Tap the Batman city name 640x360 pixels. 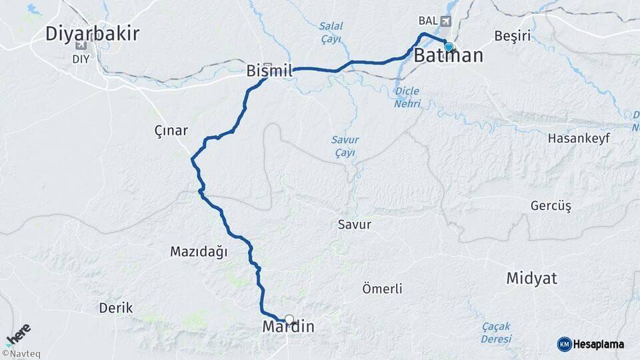pos(448,56)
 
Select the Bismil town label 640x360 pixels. pos(270,70)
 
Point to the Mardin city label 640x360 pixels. pos(288,327)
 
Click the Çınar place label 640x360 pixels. pos(171,131)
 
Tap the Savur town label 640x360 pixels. pos(354,225)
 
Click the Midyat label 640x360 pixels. pos(531,278)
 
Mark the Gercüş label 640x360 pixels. pos(551,205)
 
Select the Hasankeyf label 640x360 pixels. pos(577,138)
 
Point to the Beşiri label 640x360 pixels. pos(513,35)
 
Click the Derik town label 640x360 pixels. pos(116,308)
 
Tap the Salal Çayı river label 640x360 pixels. pos(330,33)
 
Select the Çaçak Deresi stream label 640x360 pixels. pos(495,333)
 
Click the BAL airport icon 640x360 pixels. pos(445,21)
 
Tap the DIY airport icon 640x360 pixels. pos(81,45)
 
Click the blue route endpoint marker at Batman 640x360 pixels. pos(449,47)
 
